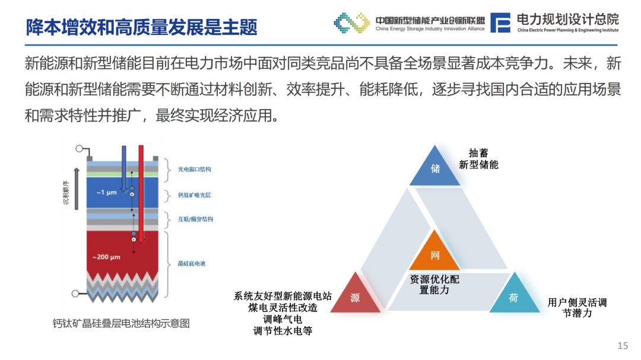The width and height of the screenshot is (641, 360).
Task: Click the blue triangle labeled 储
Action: point(434,169)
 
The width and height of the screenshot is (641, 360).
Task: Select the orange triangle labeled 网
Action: point(434,253)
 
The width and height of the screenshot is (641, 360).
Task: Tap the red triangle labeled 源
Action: point(355,297)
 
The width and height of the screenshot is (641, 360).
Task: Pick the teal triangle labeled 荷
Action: point(514,297)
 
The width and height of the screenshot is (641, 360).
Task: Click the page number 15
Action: point(623,346)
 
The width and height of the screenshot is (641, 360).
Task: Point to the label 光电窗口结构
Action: point(194,169)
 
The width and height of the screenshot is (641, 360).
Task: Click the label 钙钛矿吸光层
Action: point(194,195)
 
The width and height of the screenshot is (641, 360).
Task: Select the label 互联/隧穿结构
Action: point(195,219)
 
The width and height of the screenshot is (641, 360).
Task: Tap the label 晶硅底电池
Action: point(191,263)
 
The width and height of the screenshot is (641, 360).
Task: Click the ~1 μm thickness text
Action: point(106,192)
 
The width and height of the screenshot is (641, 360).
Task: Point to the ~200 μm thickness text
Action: point(106,257)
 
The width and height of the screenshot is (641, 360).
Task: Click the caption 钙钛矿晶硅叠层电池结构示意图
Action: point(121,324)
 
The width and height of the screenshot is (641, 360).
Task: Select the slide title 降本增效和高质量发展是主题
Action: point(141,27)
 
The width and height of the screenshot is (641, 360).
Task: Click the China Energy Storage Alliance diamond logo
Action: point(351,23)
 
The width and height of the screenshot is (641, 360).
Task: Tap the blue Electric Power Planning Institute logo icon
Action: point(500,23)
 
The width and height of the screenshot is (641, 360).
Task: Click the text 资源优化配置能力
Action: point(434,285)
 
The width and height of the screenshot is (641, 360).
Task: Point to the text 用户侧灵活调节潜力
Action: point(577,308)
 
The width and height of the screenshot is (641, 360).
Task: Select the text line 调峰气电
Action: point(283,319)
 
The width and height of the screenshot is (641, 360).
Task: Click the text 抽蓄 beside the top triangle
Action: point(478,153)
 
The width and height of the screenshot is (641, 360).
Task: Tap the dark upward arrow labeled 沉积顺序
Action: point(77,189)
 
